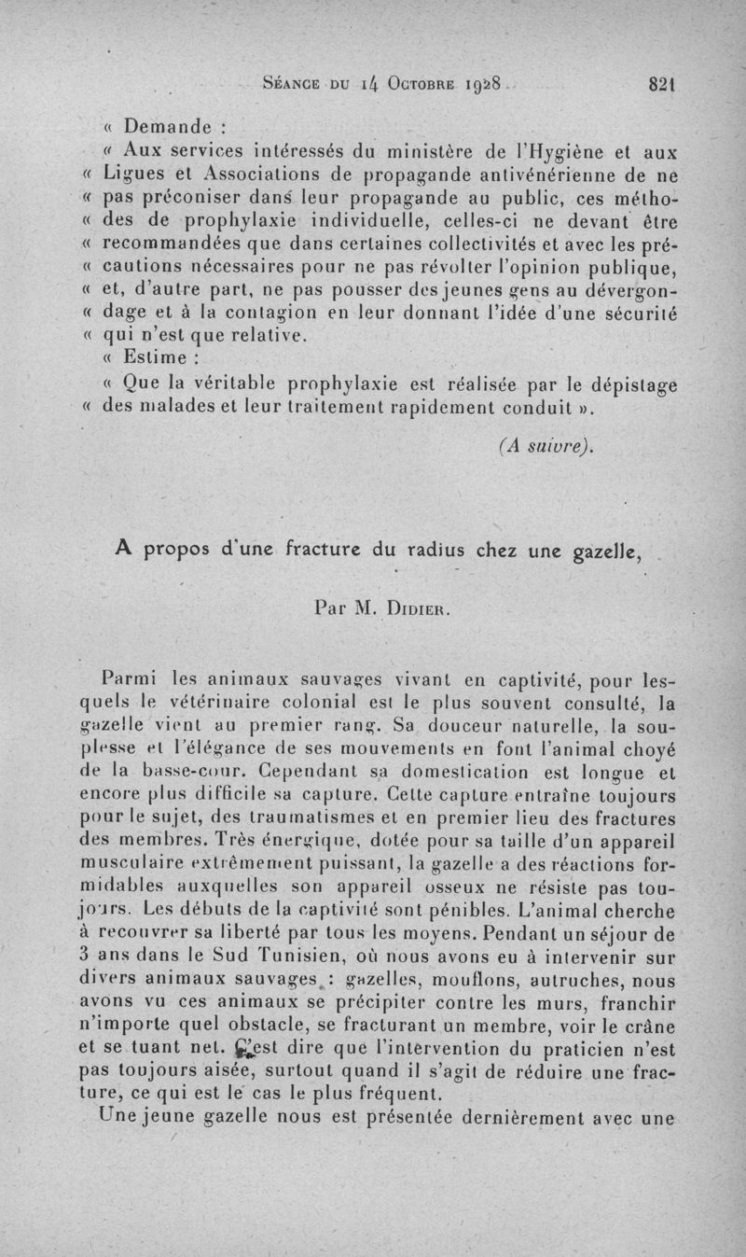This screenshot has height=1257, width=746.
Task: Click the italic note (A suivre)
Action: (546, 446)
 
